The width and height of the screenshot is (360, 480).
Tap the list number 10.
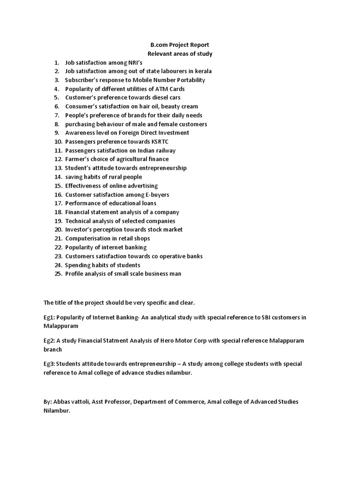coord(58,142)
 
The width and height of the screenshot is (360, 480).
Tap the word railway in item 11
coord(165,150)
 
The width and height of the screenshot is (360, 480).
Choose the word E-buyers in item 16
coord(156,195)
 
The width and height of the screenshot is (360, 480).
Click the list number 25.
coord(58,274)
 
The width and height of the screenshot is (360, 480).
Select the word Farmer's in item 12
coord(77,159)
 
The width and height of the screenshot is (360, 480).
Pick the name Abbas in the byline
coord(61,402)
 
